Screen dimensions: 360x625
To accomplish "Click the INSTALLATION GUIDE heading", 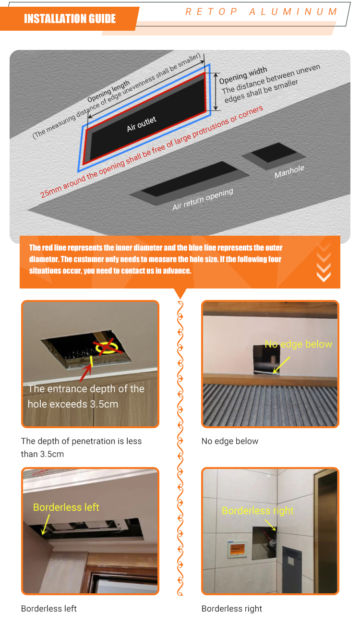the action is pos(70,19).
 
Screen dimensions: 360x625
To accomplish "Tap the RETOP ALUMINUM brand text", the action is pos(261,12).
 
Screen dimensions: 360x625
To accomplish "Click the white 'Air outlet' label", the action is pos(142,124).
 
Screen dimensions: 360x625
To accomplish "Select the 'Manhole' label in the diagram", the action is pos(289,171).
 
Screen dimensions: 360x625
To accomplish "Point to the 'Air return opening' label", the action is pos(203,199).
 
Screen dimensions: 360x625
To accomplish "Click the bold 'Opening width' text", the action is pos(243,75).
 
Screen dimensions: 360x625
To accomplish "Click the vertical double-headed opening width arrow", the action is pos(216,92).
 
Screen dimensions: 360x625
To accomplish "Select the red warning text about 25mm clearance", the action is pos(151,152).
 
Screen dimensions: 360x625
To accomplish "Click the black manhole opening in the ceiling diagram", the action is pos(274,152).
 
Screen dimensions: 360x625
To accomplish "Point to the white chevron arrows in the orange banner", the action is pos(324,262).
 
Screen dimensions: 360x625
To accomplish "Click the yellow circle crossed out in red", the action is pos(107,348).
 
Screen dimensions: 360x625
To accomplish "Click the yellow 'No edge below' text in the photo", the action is pos(299,344).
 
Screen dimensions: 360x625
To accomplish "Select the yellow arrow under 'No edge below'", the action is pos(281,365).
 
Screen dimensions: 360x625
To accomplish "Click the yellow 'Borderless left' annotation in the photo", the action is pos(66,507).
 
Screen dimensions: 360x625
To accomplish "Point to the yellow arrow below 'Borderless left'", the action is pos(46,524).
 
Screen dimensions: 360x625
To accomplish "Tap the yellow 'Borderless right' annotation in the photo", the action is pos(258,510).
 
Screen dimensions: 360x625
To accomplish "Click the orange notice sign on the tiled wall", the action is pos(237,549).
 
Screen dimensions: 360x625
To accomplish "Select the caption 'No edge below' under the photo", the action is pos(229,441).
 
